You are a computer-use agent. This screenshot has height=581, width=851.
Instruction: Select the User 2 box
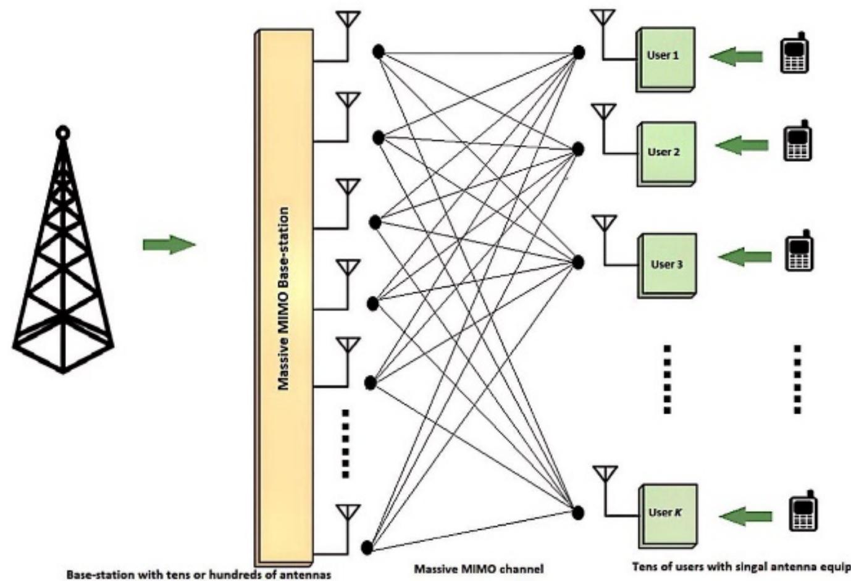pos(666,153)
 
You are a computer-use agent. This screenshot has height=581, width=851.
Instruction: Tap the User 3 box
pos(668,264)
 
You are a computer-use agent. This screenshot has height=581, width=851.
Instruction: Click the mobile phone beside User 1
pos(794,55)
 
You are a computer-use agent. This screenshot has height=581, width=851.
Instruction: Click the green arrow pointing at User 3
pos(745,257)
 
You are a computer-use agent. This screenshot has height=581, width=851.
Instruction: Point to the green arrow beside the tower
pos(169,245)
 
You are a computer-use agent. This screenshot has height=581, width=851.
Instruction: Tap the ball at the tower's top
pos(62,132)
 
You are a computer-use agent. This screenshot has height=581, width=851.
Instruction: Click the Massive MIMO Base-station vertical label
pos(283,298)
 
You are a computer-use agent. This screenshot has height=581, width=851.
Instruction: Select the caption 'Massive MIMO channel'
pos(478,569)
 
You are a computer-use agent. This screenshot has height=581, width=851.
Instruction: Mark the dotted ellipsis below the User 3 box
pos(666,378)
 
